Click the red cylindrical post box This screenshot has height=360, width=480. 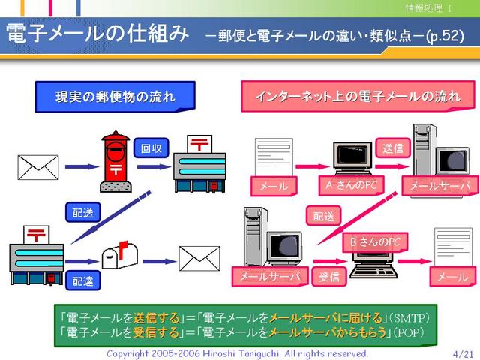pyautogui.click(x=115, y=162)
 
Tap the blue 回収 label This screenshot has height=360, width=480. pyautogui.click(x=151, y=148)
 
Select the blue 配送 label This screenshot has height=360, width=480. pyautogui.click(x=83, y=212)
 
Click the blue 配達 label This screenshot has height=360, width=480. pyautogui.click(x=83, y=280)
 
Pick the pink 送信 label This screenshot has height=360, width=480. pyautogui.click(x=393, y=148)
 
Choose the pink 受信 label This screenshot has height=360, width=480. pyautogui.click(x=329, y=277)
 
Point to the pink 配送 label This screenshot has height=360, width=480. pyautogui.click(x=323, y=216)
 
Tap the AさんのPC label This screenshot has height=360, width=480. pyautogui.click(x=351, y=185)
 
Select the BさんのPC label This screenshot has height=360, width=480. pyautogui.click(x=375, y=242)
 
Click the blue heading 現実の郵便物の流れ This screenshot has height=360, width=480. pyautogui.click(x=115, y=97)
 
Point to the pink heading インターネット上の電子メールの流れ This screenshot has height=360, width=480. pyautogui.click(x=358, y=96)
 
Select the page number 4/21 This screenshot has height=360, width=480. pyautogui.click(x=463, y=354)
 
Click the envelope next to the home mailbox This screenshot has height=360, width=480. pyautogui.click(x=199, y=258)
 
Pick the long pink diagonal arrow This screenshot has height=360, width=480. pyautogui.click(x=357, y=218)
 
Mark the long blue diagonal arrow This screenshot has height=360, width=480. pyautogui.click(x=111, y=217)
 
